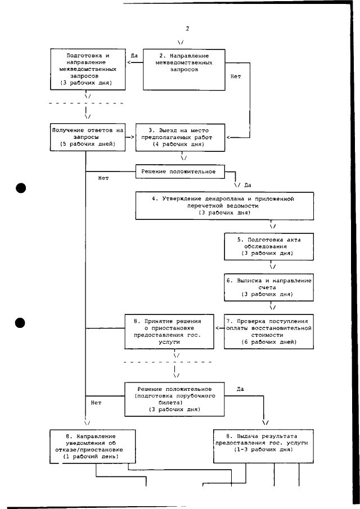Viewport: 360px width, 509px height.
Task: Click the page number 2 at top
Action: pos(187,29)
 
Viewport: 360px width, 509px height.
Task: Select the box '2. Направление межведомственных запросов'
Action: pos(184,69)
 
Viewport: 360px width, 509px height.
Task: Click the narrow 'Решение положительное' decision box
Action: pos(179,170)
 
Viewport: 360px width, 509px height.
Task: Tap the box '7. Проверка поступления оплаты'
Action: pos(269,331)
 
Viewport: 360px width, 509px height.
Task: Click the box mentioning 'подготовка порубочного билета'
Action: pos(175,399)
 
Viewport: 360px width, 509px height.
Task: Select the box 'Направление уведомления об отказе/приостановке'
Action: pos(90,447)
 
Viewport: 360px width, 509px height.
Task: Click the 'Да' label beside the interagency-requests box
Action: pos(134,56)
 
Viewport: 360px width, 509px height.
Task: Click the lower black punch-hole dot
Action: pos(21,323)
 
